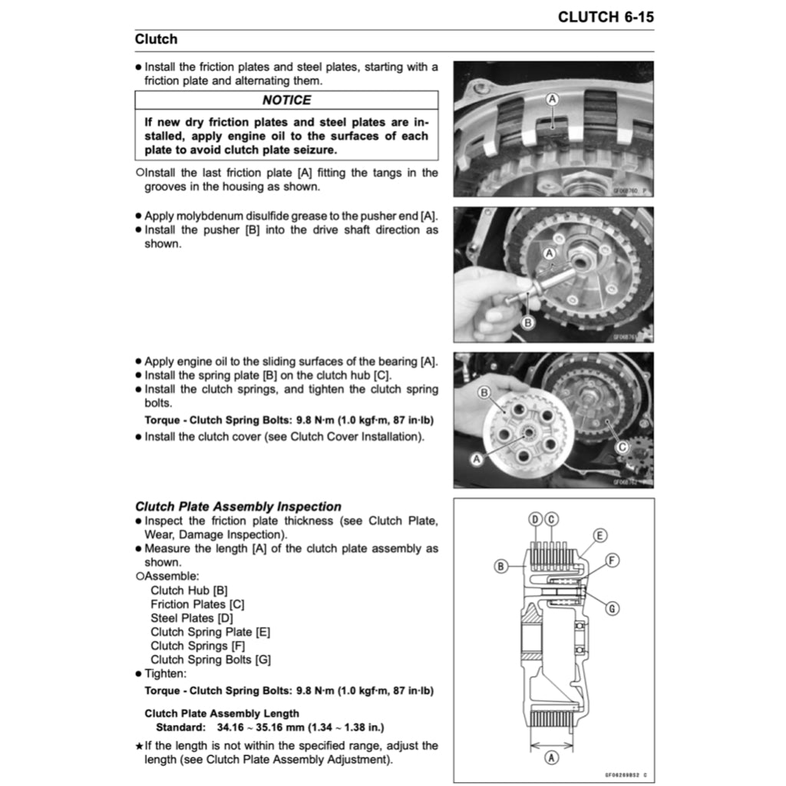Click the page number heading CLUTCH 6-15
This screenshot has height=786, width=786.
click(606, 17)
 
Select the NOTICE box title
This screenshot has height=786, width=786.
click(286, 100)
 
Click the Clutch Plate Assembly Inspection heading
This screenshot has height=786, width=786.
click(238, 507)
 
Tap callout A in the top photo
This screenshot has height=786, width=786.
click(551, 99)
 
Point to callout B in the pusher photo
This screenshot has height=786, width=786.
click(527, 322)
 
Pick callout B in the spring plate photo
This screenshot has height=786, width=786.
click(484, 392)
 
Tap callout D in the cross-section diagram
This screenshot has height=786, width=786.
click(536, 520)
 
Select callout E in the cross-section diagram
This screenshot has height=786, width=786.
click(599, 535)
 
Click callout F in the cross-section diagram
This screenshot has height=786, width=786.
click(612, 560)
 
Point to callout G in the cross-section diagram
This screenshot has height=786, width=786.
click(612, 608)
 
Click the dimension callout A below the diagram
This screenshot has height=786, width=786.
click(550, 758)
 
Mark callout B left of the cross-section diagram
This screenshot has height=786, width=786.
click(500, 566)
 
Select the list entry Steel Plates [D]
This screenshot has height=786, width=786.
click(192, 618)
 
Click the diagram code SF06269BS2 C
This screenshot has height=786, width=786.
click(626, 775)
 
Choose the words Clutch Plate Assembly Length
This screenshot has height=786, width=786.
click(222, 713)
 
